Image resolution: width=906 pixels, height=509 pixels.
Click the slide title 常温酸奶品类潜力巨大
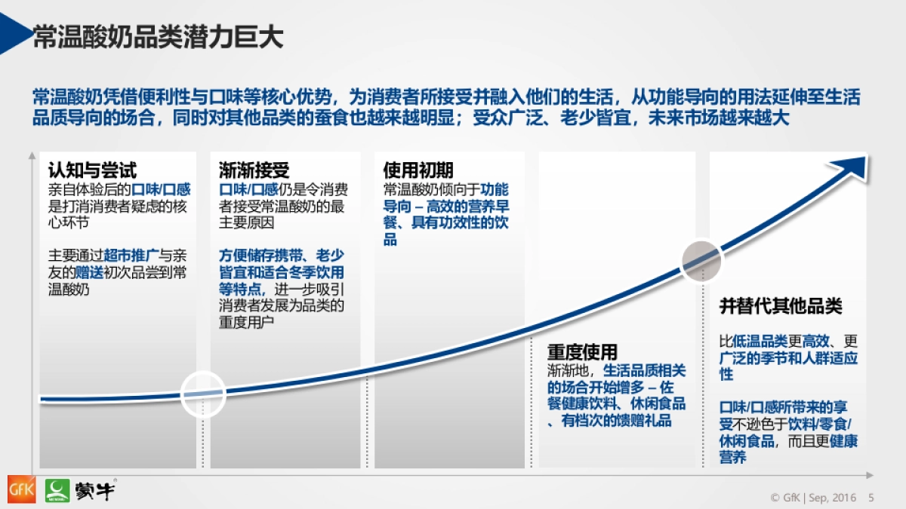pyautogui.click(x=158, y=38)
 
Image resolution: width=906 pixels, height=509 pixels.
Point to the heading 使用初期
pyautogui.click(x=418, y=170)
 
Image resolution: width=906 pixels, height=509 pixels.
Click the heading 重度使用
pyautogui.click(x=582, y=352)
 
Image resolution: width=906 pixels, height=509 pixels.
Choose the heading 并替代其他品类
pyautogui.click(x=780, y=306)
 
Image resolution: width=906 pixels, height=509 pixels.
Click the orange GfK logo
pyautogui.click(x=20, y=489)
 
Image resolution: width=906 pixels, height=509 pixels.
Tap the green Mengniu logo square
pyautogui.click(x=57, y=489)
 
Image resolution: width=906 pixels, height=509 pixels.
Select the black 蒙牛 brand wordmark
pyautogui.click(x=94, y=489)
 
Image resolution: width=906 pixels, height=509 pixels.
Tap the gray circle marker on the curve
pyautogui.click(x=703, y=261)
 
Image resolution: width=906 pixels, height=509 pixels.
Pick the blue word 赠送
pyautogui.click(x=89, y=272)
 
